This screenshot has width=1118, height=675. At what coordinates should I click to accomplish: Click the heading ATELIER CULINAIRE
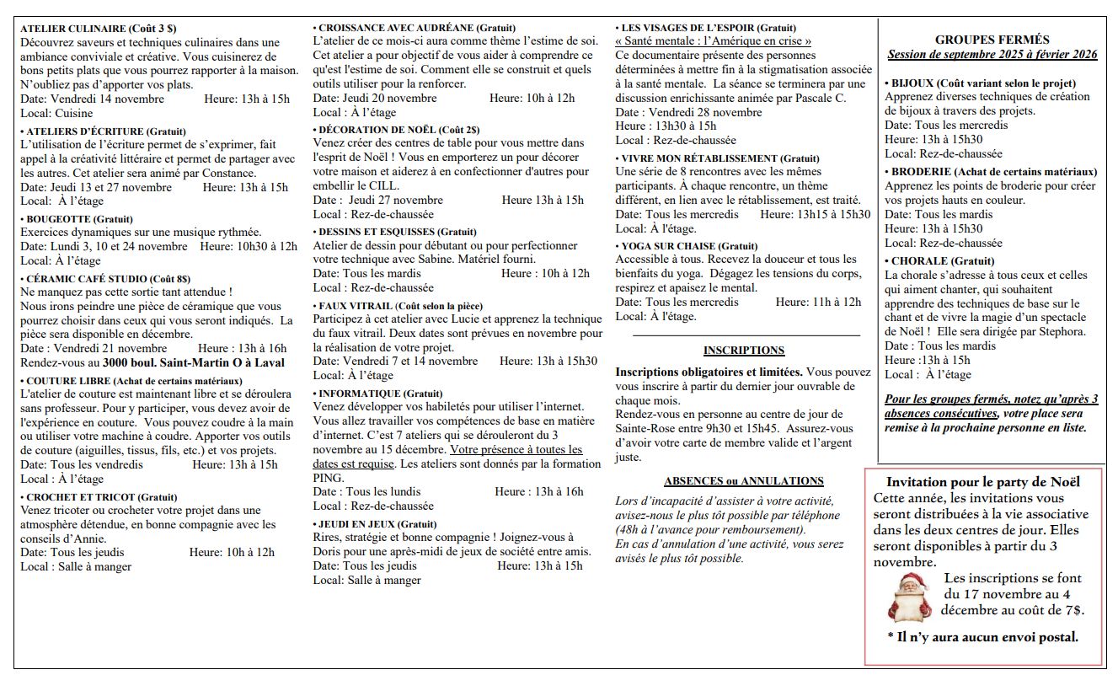[x=72, y=29]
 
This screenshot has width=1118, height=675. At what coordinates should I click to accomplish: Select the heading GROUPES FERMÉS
[x=992, y=40]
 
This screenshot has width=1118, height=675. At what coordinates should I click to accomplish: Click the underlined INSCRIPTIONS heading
[x=743, y=351]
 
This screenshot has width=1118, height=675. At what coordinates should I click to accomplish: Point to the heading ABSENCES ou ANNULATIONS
[x=743, y=481]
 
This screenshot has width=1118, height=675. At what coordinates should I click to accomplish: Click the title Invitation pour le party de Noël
[x=982, y=482]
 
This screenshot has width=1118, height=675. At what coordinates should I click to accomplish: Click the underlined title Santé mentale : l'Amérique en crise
[x=713, y=41]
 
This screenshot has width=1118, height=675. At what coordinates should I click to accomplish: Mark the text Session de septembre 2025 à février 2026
[x=992, y=54]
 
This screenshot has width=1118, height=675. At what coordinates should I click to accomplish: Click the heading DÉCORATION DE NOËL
[x=377, y=130]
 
